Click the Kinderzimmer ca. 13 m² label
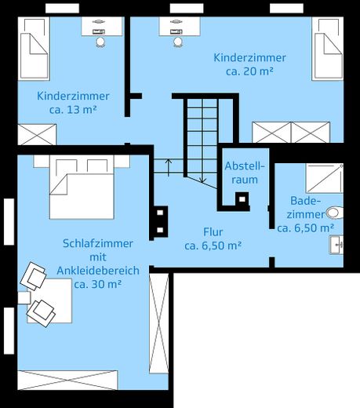pos(72,103)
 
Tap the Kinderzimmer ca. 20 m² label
pos(249,64)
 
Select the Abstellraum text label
pos(245,173)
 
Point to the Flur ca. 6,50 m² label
pos(213,239)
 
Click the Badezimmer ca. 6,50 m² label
pos(306,214)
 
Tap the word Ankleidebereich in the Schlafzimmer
pos(98,271)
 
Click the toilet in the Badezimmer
pos(335,212)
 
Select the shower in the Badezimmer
pos(324,178)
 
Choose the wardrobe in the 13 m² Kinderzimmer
pos(36,134)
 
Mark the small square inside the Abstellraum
pos(242,199)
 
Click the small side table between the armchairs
pos(24,297)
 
